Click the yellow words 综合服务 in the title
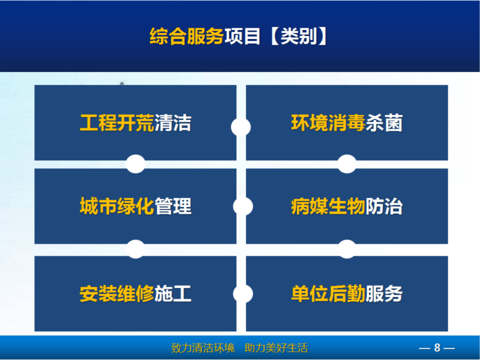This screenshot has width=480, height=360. [187, 37]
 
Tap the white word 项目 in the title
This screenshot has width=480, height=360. [242, 37]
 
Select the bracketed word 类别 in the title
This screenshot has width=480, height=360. [299, 37]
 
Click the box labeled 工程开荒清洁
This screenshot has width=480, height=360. [136, 122]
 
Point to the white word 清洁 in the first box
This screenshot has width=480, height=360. [173, 123]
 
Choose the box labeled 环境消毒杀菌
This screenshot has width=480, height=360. [347, 122]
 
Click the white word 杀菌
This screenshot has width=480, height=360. [384, 123]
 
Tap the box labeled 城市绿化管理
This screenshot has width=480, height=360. [136, 206]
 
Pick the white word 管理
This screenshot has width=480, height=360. [173, 206]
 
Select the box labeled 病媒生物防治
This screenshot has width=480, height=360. [347, 206]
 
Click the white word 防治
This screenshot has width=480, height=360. [384, 206]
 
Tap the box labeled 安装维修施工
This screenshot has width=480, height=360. [136, 293]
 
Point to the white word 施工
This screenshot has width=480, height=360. [173, 293]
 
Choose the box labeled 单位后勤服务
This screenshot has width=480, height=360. [347, 293]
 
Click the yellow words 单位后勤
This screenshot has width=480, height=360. [328, 293]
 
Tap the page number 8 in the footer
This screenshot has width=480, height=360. [437, 348]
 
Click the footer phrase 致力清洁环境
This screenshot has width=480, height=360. [203, 348]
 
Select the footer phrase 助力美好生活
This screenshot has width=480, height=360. [277, 348]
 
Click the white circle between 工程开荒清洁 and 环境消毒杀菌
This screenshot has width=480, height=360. [241, 127]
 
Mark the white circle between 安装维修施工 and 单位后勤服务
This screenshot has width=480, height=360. [243, 293]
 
